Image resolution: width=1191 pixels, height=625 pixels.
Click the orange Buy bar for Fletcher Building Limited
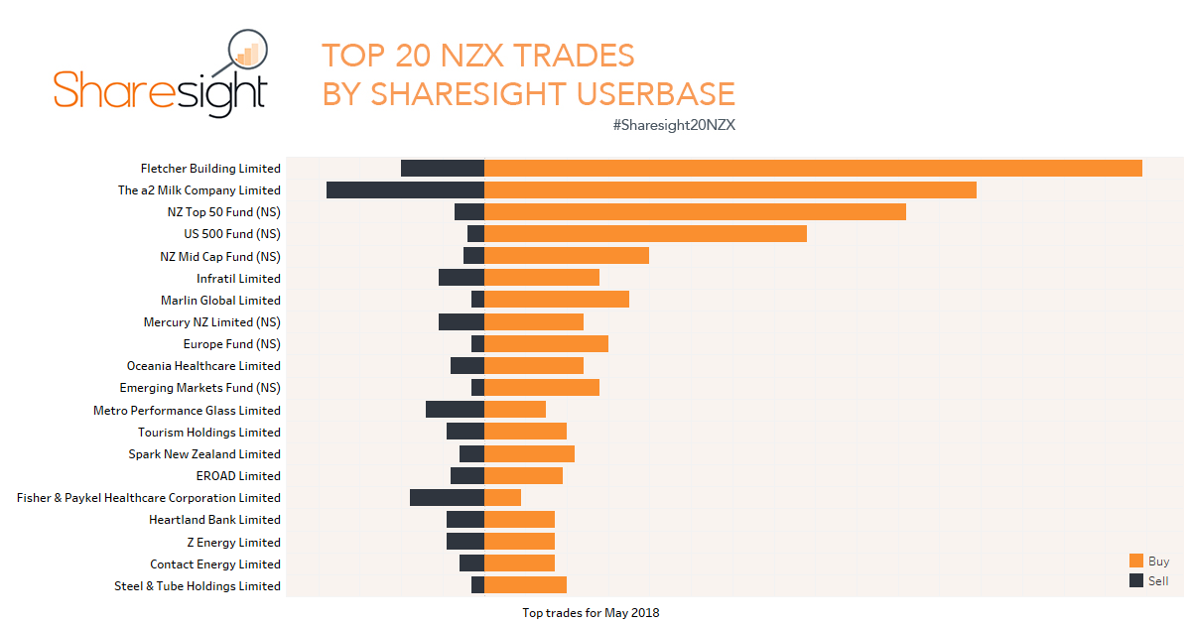[813, 169]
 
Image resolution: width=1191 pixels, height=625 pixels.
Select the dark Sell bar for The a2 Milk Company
[405, 190]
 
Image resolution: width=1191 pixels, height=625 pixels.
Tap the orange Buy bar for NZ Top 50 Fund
[695, 212]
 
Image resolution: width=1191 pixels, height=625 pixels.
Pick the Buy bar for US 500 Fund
[645, 234]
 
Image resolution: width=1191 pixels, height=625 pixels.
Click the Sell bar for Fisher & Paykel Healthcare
[447, 498]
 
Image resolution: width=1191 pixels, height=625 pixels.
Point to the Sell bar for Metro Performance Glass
[455, 410]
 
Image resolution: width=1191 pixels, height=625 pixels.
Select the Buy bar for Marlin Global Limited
[557, 300]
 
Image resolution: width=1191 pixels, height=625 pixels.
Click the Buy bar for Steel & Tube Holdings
[525, 585]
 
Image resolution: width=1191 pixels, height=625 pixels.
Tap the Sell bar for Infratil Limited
[461, 278]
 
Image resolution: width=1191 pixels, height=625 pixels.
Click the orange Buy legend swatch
[1136, 561]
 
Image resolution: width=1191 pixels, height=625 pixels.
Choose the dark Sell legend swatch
[1136, 580]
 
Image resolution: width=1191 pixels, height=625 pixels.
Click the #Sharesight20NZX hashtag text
[674, 125]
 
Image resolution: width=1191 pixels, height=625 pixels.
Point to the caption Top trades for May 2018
[591, 613]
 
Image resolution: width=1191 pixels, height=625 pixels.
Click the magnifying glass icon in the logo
[246, 52]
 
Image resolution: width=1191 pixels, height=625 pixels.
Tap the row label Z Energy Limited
[233, 543]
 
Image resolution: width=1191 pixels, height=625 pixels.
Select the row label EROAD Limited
[238, 476]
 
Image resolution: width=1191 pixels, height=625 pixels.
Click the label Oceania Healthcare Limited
[203, 366]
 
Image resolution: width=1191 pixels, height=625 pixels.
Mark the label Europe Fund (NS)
[231, 344]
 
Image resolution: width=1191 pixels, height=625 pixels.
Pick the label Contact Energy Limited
[215, 564]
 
